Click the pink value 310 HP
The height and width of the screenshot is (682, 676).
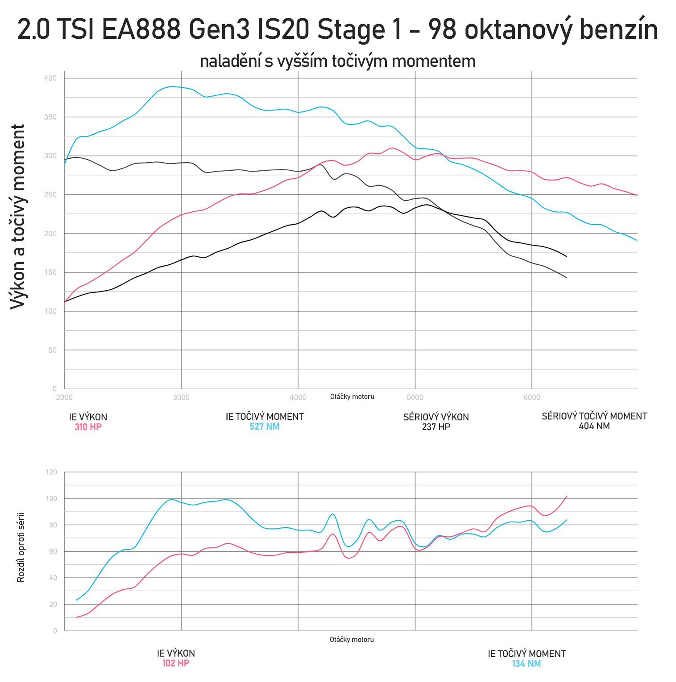(x=88, y=427)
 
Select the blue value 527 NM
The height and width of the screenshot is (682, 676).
(x=265, y=427)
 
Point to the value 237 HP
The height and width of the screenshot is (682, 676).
(x=436, y=427)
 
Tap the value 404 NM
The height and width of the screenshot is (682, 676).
(x=594, y=426)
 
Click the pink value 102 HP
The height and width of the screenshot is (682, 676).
(x=176, y=663)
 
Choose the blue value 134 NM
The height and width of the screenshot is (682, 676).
(x=527, y=664)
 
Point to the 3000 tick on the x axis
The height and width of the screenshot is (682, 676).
(x=181, y=398)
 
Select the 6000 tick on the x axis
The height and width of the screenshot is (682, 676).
(x=532, y=398)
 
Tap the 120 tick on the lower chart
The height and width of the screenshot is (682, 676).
(x=52, y=472)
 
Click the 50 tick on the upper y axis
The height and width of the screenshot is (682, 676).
(x=53, y=350)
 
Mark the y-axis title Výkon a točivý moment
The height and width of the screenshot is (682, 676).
(x=18, y=217)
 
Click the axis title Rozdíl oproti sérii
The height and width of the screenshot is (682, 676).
(x=21, y=548)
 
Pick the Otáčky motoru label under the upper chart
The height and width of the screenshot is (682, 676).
(x=352, y=397)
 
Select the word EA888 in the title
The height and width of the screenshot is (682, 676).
(x=141, y=30)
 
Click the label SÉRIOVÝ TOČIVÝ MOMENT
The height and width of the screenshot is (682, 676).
(x=594, y=416)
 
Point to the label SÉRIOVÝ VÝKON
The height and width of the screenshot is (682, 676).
(x=436, y=417)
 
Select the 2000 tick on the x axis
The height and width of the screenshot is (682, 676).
(x=64, y=398)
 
